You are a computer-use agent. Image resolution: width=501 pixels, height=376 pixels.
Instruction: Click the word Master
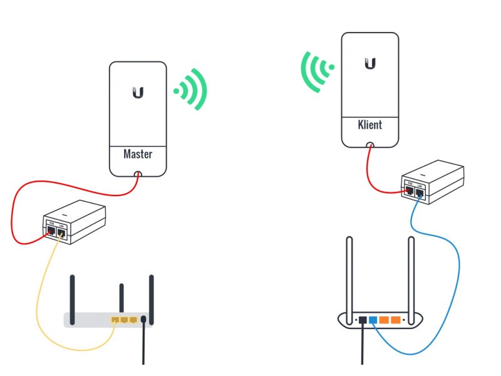click(x=138, y=154)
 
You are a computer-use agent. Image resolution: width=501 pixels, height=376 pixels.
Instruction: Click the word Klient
click(x=369, y=124)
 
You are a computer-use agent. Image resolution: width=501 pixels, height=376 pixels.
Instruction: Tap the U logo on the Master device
click(x=138, y=93)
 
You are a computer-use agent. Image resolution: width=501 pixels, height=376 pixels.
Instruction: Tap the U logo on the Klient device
click(x=369, y=63)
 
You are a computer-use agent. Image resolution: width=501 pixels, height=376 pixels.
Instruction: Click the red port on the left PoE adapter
click(x=51, y=232)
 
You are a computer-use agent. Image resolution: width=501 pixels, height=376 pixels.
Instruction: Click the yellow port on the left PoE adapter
click(x=61, y=233)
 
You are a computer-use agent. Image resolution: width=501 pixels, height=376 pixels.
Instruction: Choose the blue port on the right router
click(x=373, y=320)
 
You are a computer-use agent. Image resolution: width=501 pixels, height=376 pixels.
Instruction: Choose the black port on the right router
click(x=362, y=320)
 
